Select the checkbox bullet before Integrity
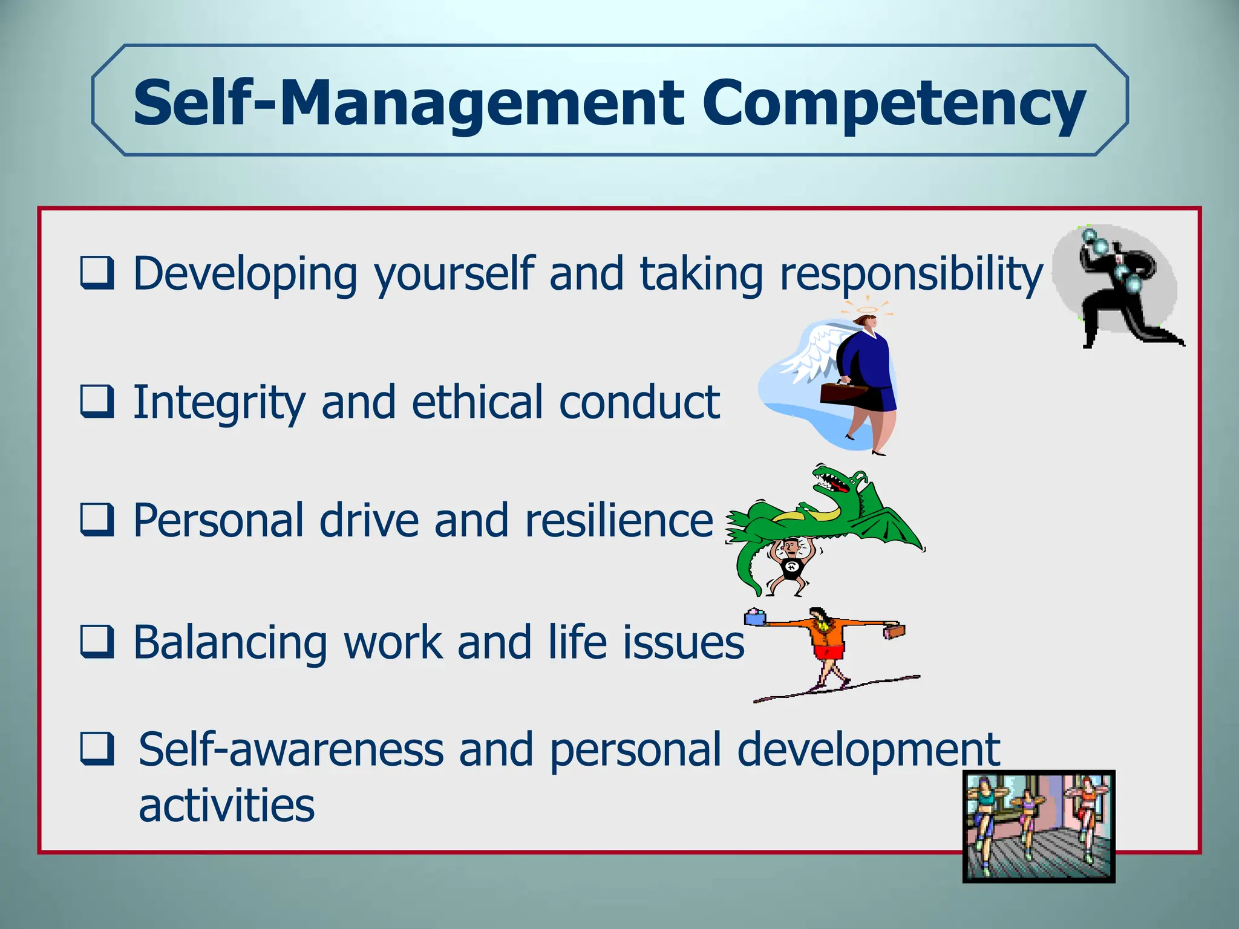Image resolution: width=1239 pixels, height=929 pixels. click(97, 402)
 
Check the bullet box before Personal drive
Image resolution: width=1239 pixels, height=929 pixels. click(97, 520)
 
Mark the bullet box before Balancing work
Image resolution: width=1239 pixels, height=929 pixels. click(97, 642)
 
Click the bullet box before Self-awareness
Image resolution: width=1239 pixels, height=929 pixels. click(97, 749)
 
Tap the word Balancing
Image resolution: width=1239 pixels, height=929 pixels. click(230, 643)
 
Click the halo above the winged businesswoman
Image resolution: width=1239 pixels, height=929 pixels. click(867, 310)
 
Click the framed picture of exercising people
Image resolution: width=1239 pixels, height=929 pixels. click(1038, 826)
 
